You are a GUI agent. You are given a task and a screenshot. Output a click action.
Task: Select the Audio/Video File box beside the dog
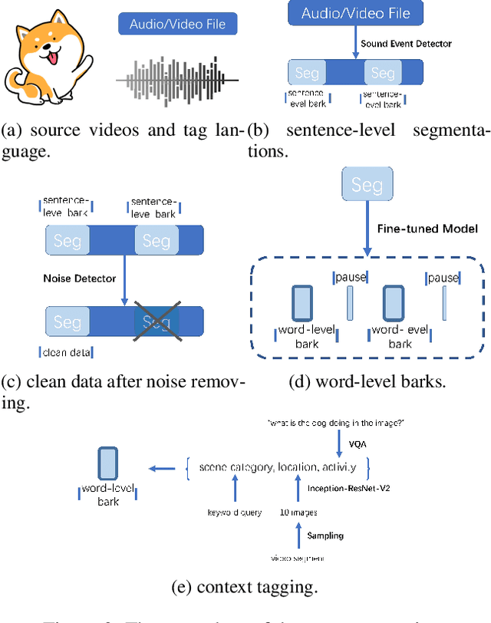[x=176, y=24]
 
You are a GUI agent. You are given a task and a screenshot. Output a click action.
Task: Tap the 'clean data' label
[x=65, y=353]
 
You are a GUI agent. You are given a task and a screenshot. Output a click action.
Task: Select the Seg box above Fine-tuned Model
[x=367, y=185]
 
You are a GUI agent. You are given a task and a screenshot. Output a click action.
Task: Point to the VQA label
[x=357, y=443]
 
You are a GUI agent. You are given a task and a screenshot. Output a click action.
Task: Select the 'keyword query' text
[x=234, y=512]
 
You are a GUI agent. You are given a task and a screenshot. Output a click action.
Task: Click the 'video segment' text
[x=298, y=557]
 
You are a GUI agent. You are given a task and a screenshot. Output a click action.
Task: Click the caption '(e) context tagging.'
[x=245, y=588]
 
